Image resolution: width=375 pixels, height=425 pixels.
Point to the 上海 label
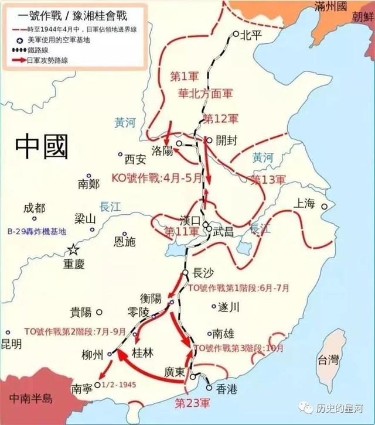(x=305, y=204)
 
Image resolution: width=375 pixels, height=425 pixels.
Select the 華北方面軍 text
(x=206, y=93)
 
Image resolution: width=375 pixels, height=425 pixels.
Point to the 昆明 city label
(x=11, y=344)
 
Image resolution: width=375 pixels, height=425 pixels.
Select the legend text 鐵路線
(x=42, y=50)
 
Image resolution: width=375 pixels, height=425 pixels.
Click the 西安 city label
(x=135, y=159)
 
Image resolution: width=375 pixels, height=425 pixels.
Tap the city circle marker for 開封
(x=209, y=140)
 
